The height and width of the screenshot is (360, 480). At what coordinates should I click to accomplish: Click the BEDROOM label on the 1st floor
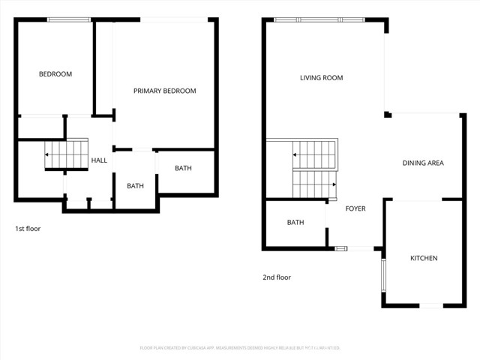point(55,74)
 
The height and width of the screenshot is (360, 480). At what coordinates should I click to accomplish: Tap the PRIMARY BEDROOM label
point(164,91)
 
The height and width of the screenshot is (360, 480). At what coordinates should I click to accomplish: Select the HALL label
point(99,160)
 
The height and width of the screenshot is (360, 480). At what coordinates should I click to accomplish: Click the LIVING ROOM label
point(321,77)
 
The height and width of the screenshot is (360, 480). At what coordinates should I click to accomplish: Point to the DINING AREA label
point(423,163)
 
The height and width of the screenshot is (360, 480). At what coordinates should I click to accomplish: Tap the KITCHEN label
point(423,258)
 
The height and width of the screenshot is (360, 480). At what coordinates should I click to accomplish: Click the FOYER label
point(355,208)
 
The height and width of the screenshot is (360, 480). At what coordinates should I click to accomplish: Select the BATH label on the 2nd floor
point(295,222)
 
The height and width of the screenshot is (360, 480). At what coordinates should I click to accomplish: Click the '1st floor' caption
point(28,228)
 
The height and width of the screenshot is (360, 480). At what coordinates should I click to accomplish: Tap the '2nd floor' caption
point(277,277)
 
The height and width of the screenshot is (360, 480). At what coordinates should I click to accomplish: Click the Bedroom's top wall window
point(69,20)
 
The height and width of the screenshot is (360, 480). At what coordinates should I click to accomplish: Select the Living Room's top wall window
point(319,20)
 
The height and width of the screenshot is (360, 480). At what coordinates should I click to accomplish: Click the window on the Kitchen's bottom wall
point(430,305)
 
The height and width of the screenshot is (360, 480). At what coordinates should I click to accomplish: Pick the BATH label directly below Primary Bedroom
point(135,186)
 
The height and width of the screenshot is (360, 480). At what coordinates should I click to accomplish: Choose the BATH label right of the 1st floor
point(183,168)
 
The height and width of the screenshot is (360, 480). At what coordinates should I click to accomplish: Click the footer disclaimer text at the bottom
point(240,348)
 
